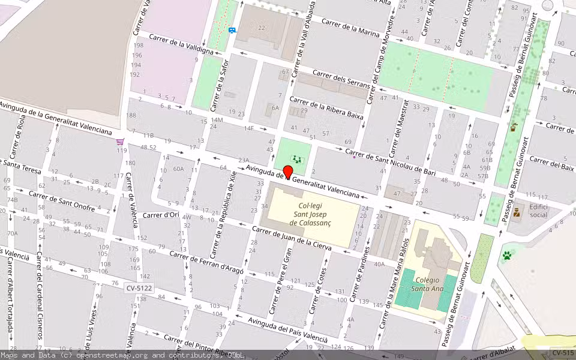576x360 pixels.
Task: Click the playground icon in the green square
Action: tap(296, 159)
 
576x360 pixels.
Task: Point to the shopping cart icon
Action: tap(121, 142)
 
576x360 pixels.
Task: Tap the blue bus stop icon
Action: tap(232, 29)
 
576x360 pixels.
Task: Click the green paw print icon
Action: tap(507, 255)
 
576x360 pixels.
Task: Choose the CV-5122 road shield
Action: tap(139, 288)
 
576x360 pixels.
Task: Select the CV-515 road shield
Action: tap(563, 353)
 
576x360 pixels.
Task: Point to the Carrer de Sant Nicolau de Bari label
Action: tap(390, 161)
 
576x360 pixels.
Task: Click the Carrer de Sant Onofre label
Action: tap(62, 200)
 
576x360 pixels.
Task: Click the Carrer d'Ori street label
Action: tap(161, 214)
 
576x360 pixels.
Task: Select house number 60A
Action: tap(178, 169)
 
